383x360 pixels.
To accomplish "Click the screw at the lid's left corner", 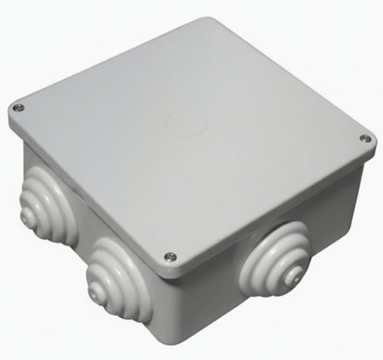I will (19, 107).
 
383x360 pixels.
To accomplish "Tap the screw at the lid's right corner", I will (365, 139).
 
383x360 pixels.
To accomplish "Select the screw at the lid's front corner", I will (170, 257).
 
